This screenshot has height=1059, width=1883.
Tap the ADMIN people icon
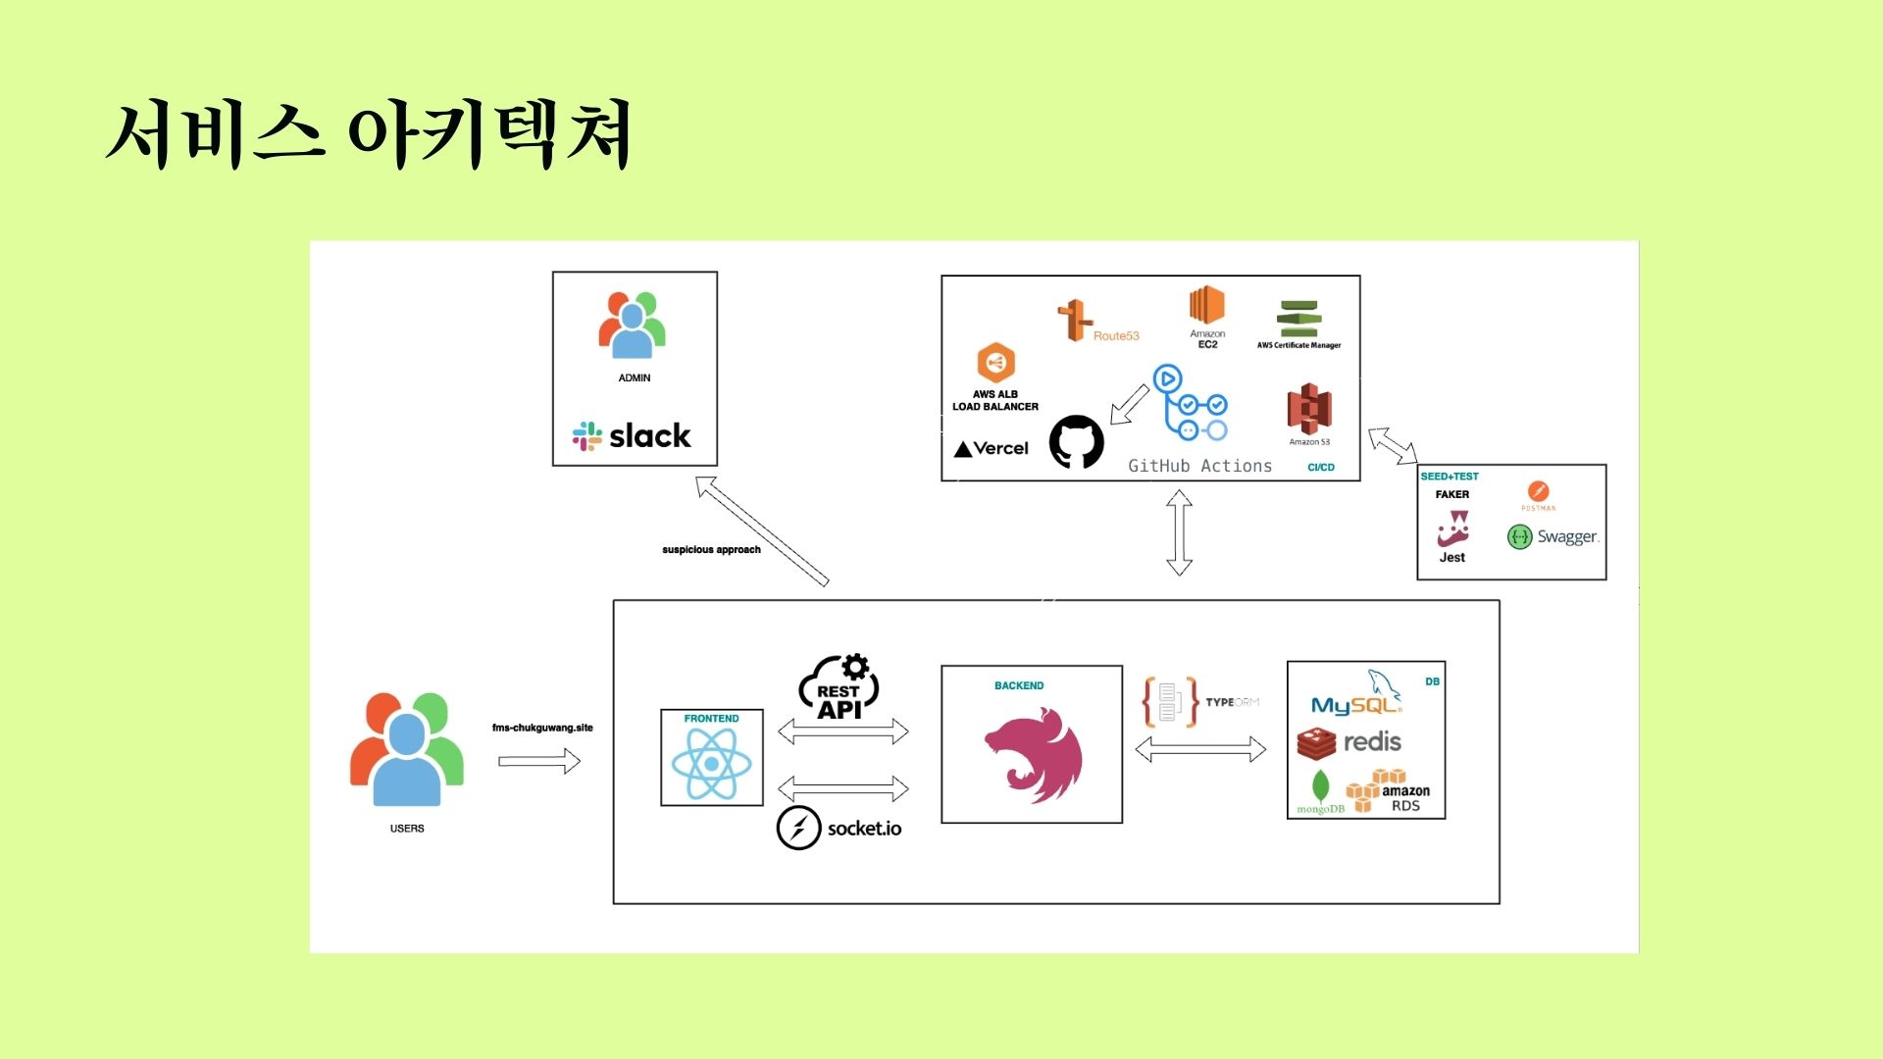tap(633, 325)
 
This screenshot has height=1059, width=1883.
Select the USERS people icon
tap(407, 749)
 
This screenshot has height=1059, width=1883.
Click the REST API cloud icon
tap(840, 688)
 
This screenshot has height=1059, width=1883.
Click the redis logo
tap(1349, 743)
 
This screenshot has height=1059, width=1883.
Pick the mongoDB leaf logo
tap(1321, 788)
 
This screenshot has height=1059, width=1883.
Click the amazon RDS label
tap(1404, 797)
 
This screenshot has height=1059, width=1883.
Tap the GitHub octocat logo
tap(1077, 442)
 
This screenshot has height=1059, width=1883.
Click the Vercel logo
tap(992, 449)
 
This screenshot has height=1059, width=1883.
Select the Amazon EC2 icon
tap(1207, 307)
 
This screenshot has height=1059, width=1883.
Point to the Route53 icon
tap(1076, 320)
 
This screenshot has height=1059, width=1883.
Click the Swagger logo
tap(1552, 536)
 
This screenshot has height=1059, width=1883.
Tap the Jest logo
tap(1452, 529)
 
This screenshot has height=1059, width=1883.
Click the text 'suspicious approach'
tap(711, 550)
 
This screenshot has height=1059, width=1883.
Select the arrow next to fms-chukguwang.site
tap(539, 761)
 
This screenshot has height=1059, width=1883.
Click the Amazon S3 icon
tap(1309, 410)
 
